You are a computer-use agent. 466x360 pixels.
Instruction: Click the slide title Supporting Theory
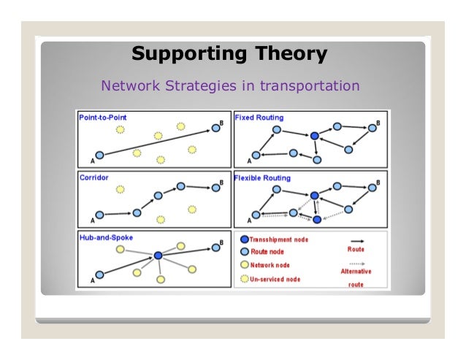pyautogui.click(x=229, y=54)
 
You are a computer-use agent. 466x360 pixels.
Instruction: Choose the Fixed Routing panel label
pyautogui.click(x=259, y=117)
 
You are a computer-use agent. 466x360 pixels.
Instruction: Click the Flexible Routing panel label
pyautogui.click(x=263, y=177)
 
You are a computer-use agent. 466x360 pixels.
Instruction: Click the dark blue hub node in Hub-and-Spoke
pyautogui.click(x=158, y=256)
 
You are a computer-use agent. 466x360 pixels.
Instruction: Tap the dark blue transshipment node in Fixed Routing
pyautogui.click(x=314, y=136)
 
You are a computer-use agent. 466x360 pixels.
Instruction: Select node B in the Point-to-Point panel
pyautogui.click(x=215, y=129)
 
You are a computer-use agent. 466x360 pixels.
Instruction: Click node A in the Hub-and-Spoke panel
pyautogui.click(x=100, y=276)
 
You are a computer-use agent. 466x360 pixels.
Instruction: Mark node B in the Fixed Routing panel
pyautogui.click(x=373, y=128)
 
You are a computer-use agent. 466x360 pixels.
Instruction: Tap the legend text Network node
pyautogui.click(x=270, y=265)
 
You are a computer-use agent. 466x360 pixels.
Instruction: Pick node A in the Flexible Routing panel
pyautogui.click(x=256, y=215)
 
